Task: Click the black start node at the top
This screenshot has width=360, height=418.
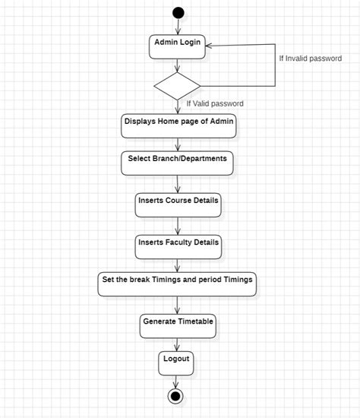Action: click(x=178, y=12)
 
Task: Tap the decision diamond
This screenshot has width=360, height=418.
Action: click(x=177, y=85)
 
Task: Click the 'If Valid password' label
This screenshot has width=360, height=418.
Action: click(x=215, y=103)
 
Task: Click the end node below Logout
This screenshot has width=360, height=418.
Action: click(x=176, y=396)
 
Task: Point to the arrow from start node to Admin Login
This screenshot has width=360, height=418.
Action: click(x=178, y=27)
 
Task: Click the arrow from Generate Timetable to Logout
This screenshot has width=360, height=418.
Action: click(x=178, y=343)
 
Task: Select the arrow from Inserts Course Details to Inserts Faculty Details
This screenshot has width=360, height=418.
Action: click(x=178, y=225)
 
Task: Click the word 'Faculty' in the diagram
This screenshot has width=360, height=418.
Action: click(x=185, y=242)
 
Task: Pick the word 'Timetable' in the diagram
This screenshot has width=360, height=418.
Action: click(x=193, y=321)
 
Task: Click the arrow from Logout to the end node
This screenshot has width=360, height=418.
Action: click(x=177, y=382)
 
